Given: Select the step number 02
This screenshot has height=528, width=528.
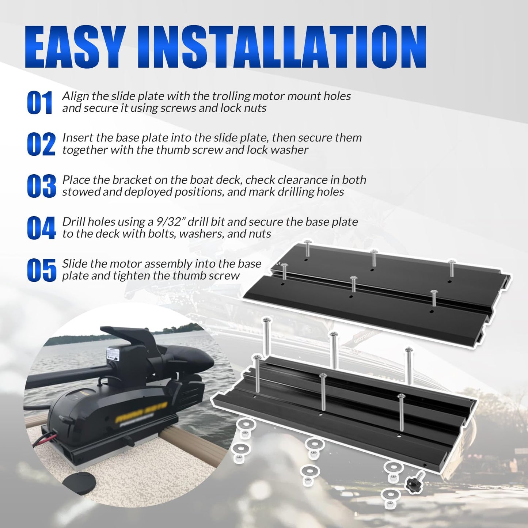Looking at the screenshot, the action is (41, 144).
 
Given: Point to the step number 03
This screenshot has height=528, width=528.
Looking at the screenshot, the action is (41, 186).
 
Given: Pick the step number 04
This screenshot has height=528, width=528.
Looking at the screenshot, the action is (41, 228).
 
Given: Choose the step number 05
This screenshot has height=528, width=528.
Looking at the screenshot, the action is (41, 270).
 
